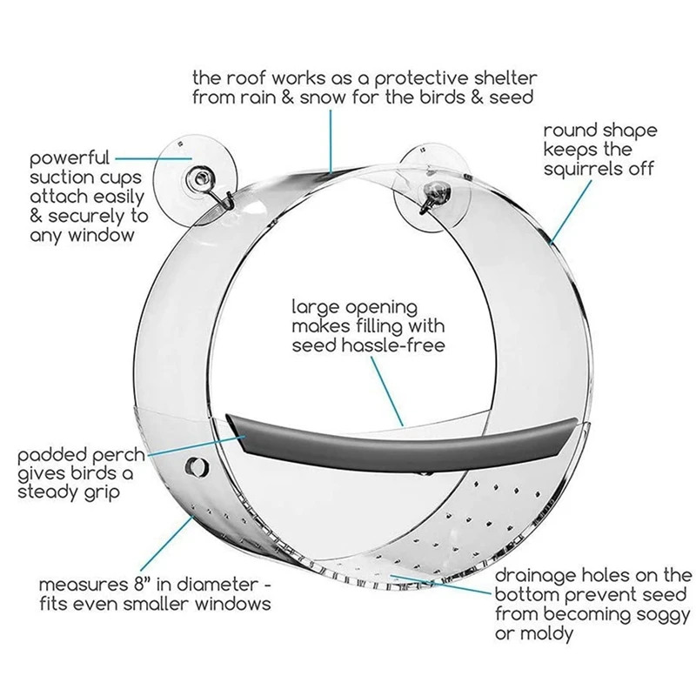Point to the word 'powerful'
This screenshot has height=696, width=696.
tap(70, 159)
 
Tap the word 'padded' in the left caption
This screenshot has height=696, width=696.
tap(52, 455)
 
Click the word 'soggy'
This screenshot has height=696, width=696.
tap(619, 614)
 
